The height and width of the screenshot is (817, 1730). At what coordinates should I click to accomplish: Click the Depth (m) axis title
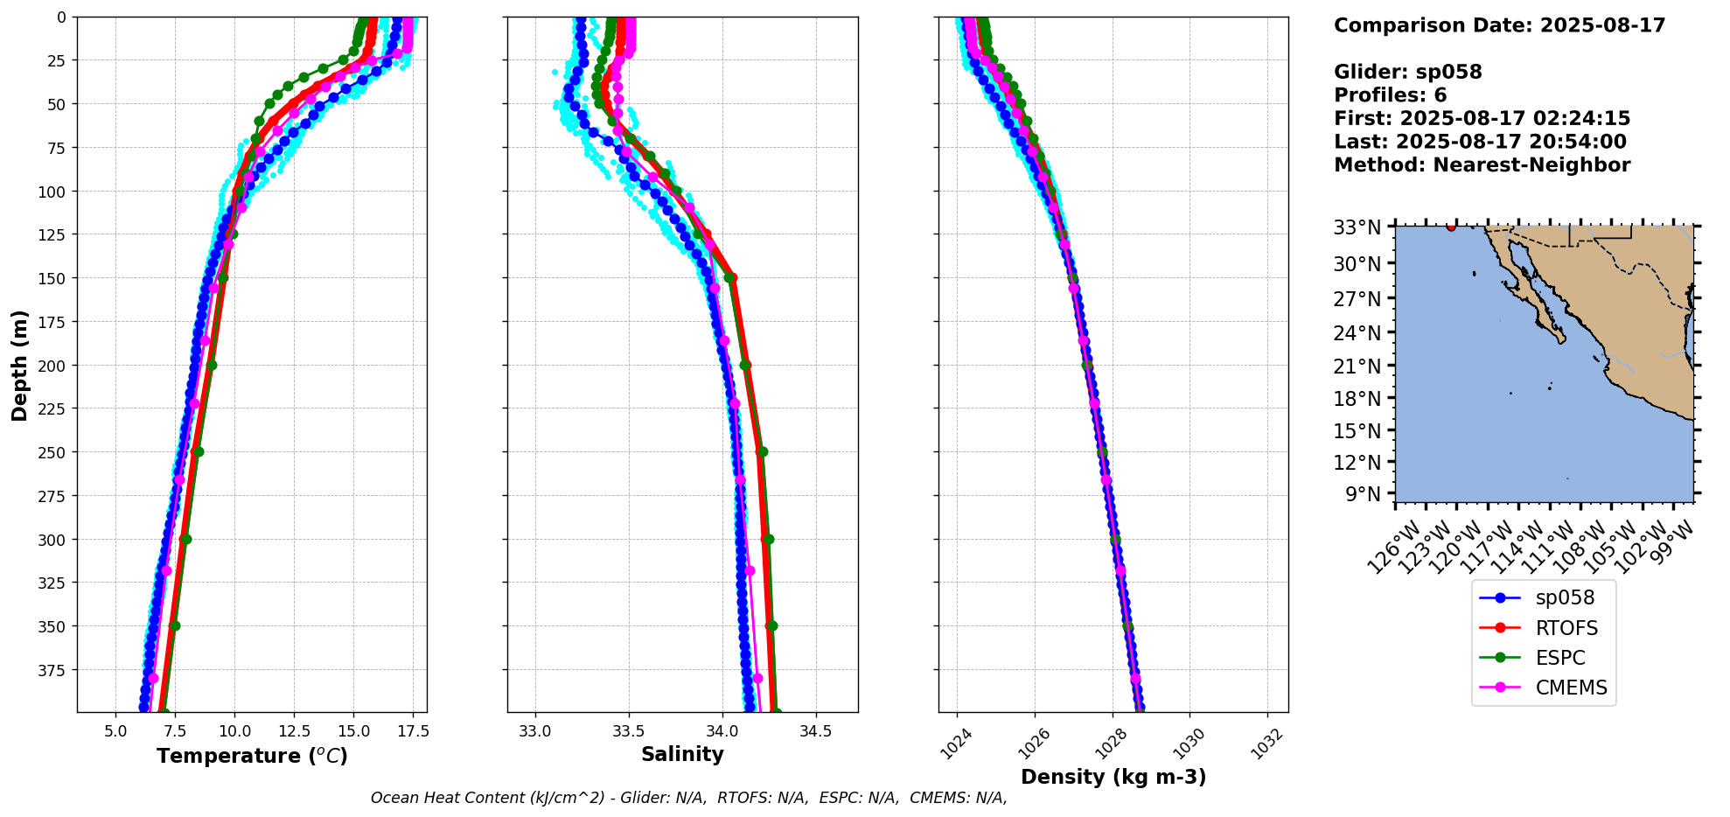(20, 365)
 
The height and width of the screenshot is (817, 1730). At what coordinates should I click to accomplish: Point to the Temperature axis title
(252, 756)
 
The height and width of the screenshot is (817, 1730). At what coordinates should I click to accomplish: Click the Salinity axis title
(682, 755)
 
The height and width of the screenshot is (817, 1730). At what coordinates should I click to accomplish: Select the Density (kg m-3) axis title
(1113, 777)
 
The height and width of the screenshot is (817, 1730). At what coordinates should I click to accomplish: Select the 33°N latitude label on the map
(1357, 228)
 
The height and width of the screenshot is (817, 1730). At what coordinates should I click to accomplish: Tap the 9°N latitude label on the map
(1363, 494)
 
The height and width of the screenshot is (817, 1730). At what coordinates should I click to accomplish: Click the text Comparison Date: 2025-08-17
(1499, 25)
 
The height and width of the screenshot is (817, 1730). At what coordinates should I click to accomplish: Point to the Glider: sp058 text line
(1407, 73)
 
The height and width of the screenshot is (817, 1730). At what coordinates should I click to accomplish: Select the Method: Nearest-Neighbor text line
(1482, 165)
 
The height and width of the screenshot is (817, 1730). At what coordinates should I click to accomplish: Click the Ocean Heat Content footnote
(688, 798)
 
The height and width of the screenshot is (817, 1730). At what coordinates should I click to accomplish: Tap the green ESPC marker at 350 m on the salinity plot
(771, 626)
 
